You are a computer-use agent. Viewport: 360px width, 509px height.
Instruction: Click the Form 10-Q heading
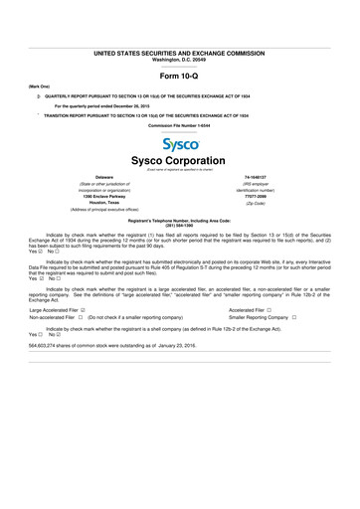tap(180, 77)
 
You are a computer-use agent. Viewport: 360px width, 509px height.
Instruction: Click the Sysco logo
tap(180, 145)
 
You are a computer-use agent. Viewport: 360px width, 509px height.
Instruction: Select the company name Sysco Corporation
tap(180, 161)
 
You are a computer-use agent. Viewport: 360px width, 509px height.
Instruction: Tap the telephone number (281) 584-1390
tap(180, 229)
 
